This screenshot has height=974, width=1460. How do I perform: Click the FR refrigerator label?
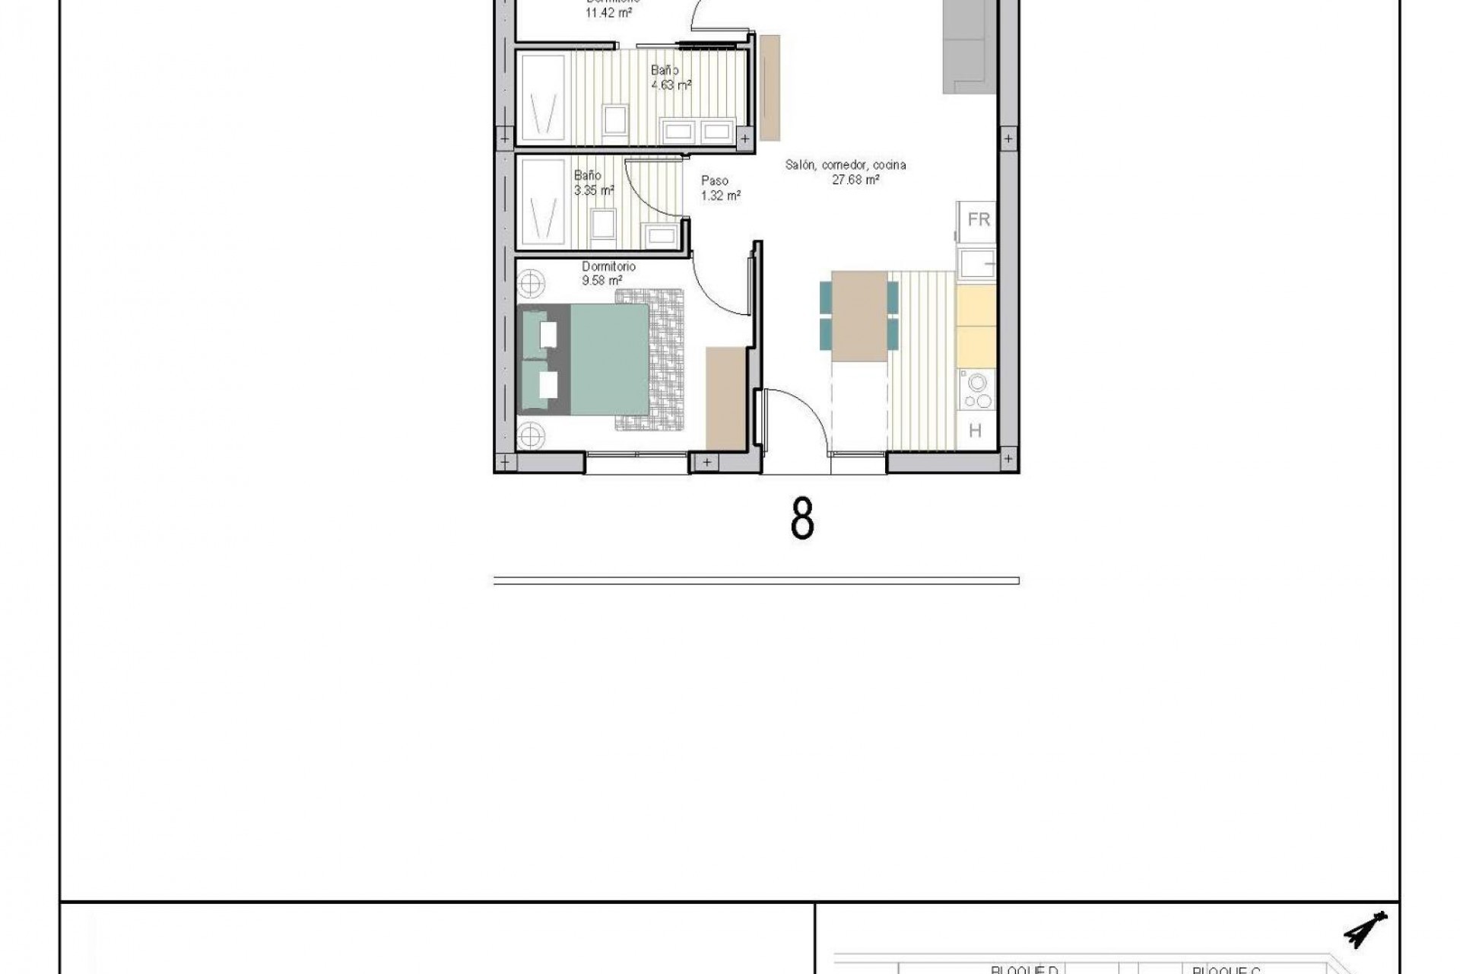click(979, 220)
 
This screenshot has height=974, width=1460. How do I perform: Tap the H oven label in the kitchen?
click(975, 431)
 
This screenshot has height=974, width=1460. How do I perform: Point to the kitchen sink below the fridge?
click(976, 264)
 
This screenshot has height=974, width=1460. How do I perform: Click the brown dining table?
click(860, 316)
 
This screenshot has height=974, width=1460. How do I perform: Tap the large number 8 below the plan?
click(802, 520)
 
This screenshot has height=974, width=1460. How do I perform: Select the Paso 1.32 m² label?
click(719, 188)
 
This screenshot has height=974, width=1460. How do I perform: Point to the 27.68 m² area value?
click(856, 180)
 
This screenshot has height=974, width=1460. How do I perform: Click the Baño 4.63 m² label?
click(670, 78)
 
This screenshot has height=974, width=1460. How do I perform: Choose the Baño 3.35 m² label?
click(593, 183)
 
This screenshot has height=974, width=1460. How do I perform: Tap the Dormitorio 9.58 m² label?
click(607, 273)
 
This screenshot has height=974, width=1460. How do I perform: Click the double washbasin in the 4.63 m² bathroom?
click(699, 132)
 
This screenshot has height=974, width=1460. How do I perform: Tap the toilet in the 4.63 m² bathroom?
click(615, 119)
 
